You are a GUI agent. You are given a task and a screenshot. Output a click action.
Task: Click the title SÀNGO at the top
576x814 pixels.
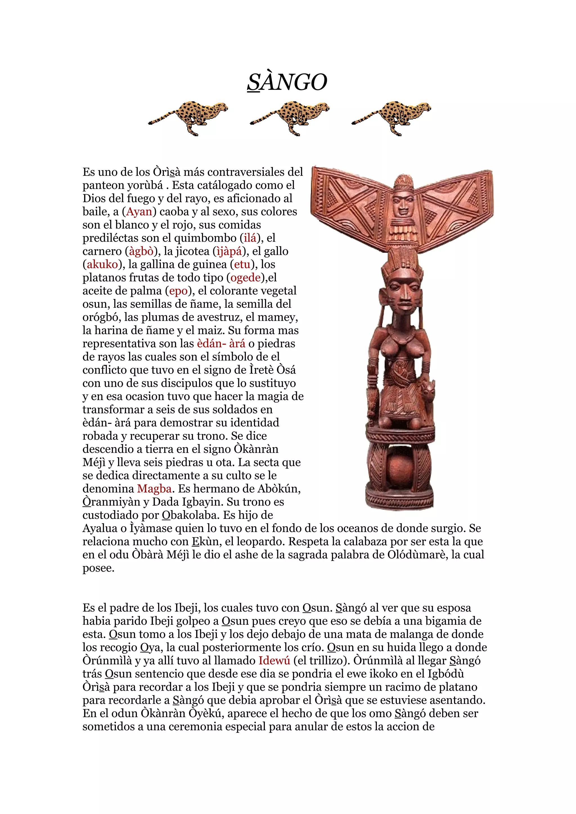pyautogui.click(x=287, y=82)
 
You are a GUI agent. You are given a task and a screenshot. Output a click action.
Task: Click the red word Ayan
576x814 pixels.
pyautogui.click(x=139, y=212)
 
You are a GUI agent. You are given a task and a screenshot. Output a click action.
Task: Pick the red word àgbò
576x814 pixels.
pyautogui.click(x=141, y=251)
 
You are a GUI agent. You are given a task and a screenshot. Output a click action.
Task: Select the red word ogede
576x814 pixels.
pyautogui.click(x=246, y=278)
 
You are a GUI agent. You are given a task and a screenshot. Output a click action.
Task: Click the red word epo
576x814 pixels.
pyautogui.click(x=178, y=291)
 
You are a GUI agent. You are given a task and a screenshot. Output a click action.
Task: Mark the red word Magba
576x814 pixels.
pyautogui.click(x=154, y=489)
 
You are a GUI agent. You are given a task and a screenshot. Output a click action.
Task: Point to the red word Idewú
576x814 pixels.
pyautogui.click(x=274, y=660)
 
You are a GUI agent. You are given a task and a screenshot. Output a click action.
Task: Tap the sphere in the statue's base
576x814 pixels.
pyautogui.click(x=400, y=469)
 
